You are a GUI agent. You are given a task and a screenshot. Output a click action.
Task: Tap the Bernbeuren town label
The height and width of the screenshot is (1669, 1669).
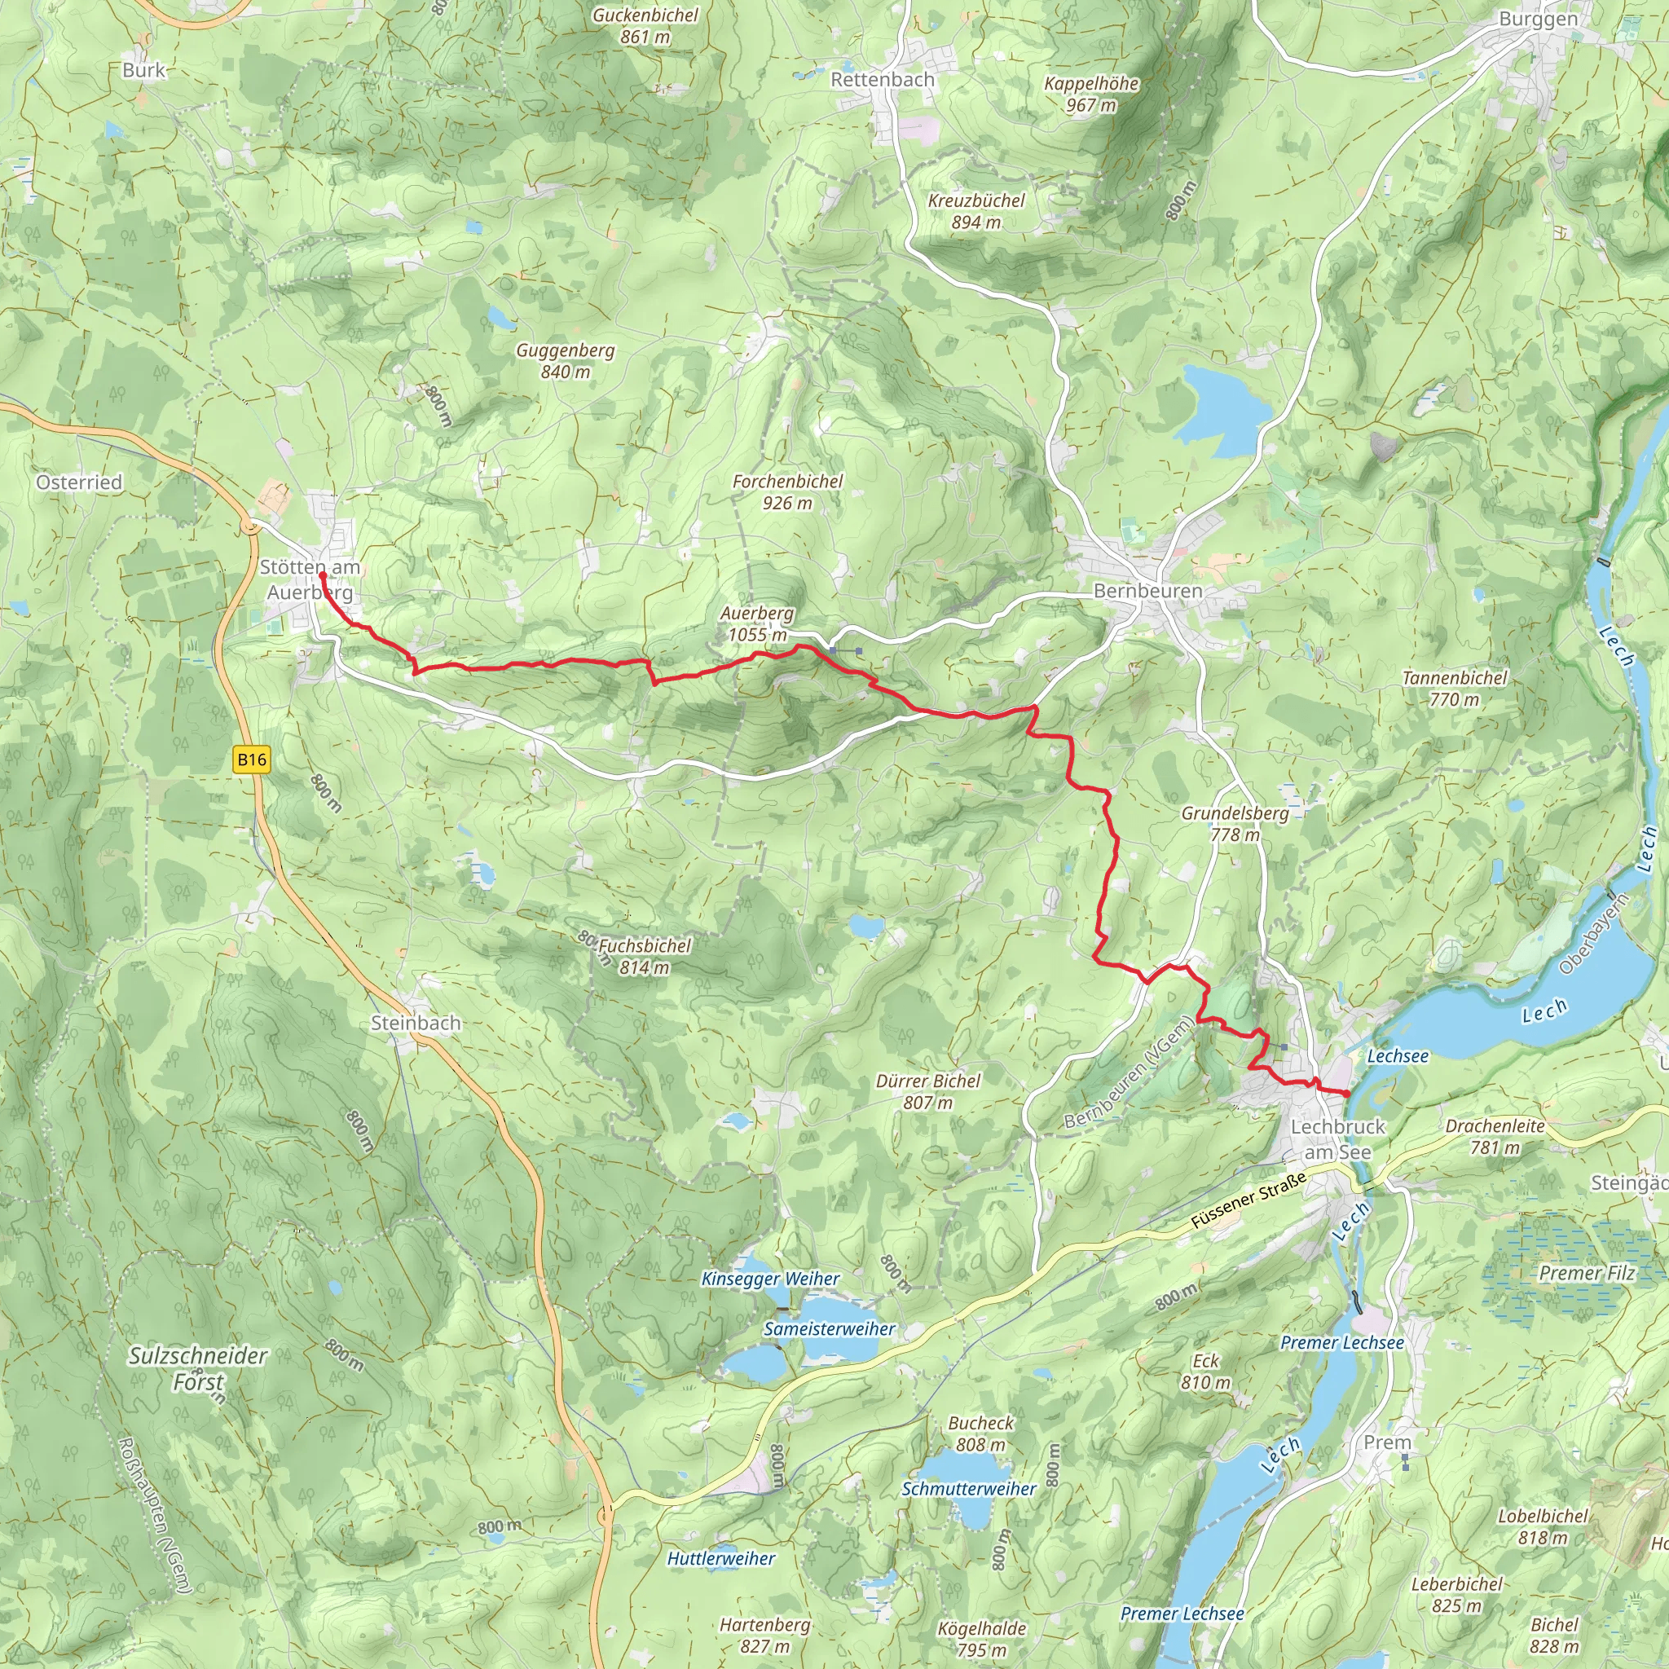click(1147, 591)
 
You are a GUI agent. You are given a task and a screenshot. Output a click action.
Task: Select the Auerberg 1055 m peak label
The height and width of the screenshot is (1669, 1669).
click(757, 623)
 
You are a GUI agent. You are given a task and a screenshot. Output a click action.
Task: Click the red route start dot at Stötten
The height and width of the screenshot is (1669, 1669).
click(322, 575)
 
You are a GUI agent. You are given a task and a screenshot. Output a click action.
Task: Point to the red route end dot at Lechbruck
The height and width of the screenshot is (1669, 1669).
click(1346, 1094)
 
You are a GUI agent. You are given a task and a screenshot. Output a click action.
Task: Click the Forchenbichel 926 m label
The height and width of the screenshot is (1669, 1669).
click(787, 491)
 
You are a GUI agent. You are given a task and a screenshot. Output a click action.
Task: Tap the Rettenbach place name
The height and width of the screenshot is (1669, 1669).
click(882, 80)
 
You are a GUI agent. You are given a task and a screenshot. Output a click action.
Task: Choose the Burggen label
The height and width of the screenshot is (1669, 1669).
click(1538, 19)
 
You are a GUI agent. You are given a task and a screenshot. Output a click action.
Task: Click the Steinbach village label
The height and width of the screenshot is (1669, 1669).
click(416, 1023)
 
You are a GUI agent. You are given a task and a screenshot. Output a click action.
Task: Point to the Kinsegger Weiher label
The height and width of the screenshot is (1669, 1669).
click(769, 1279)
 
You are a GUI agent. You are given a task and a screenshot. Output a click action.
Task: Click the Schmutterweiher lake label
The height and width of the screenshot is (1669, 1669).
click(968, 1488)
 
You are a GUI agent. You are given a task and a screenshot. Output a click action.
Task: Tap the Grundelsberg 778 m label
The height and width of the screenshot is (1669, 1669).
click(1235, 823)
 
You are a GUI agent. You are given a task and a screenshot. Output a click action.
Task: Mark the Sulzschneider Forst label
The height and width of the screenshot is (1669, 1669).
click(198, 1368)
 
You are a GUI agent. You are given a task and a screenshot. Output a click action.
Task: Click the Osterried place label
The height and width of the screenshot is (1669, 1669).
click(78, 482)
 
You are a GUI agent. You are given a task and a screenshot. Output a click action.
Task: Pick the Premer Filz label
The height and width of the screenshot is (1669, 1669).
click(1587, 1272)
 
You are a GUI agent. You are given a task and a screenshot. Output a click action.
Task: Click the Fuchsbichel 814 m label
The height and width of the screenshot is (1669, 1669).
click(645, 956)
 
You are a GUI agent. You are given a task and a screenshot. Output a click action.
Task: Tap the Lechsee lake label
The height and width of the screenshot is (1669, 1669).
click(1398, 1055)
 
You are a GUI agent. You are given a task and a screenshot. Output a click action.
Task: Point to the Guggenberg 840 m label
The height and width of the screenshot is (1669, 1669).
click(565, 360)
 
